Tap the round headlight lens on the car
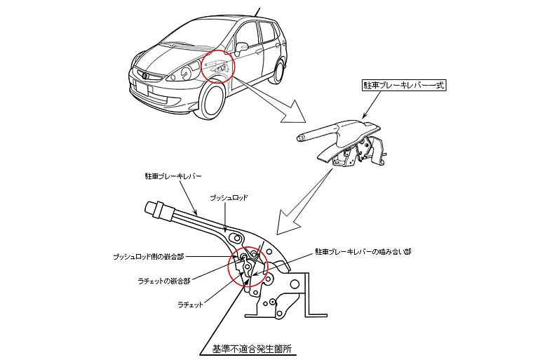pos(186,72)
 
